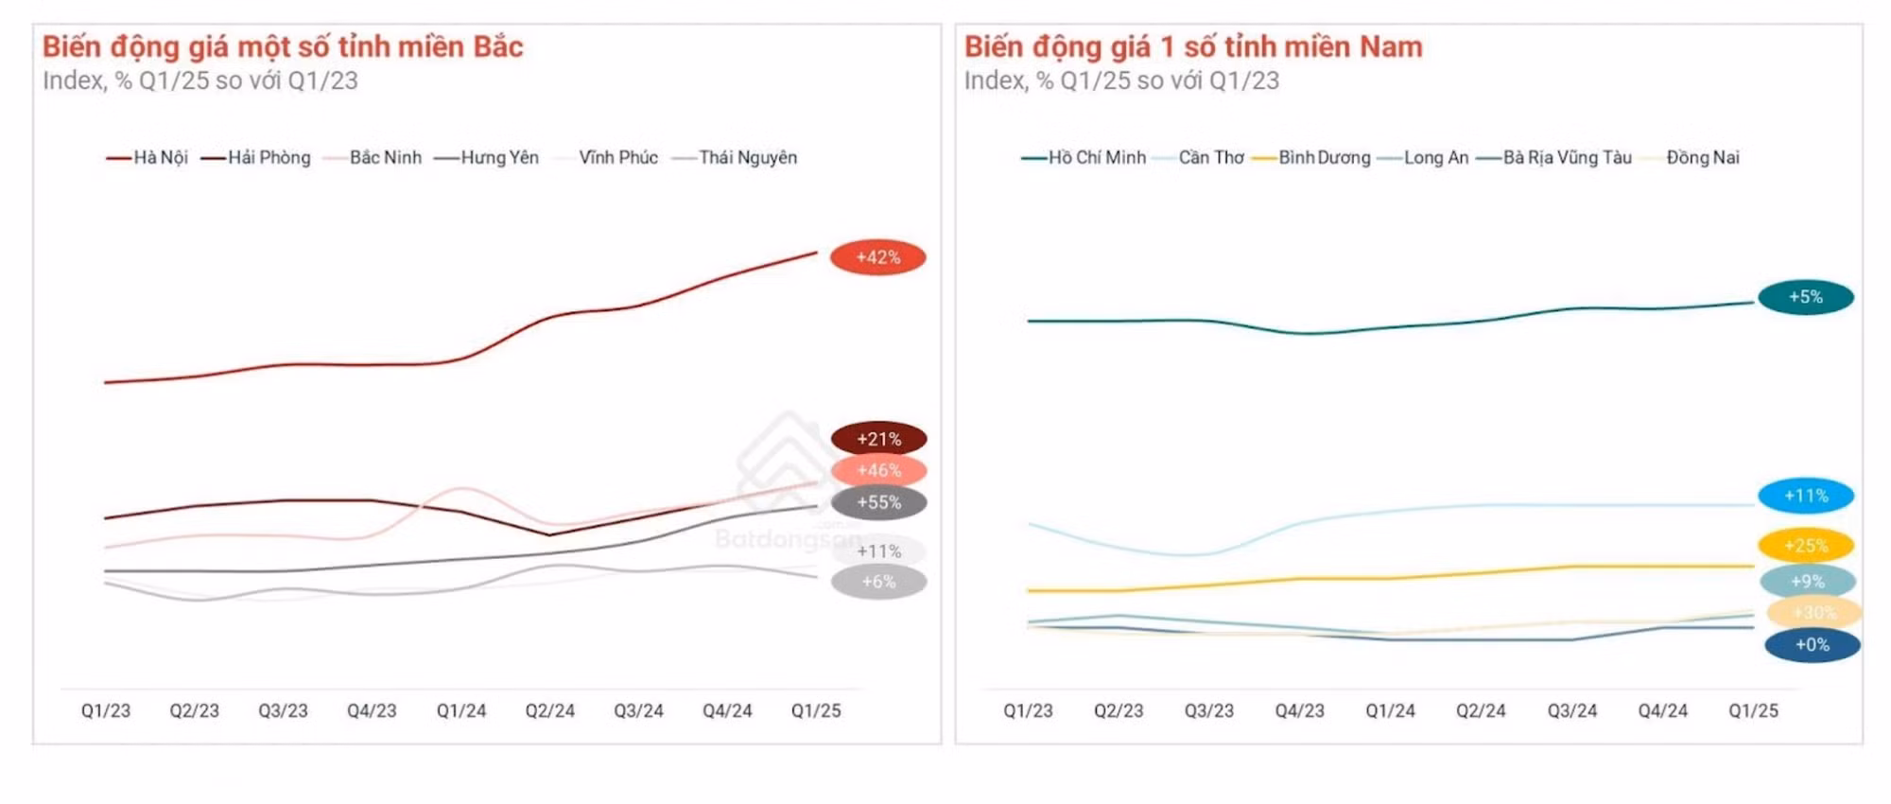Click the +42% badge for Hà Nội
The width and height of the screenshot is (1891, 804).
[877, 257]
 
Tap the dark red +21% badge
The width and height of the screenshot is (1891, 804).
[878, 439]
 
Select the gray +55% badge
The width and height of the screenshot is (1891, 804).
[878, 502]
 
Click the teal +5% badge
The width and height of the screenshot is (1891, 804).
[1805, 297]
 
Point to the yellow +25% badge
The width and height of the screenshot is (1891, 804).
[1805, 546]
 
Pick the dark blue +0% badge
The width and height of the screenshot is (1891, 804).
[1812, 645]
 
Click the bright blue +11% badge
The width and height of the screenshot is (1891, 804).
[1805, 496]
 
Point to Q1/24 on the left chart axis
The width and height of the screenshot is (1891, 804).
[460, 710]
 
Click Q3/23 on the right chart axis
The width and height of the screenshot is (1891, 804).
[1208, 710]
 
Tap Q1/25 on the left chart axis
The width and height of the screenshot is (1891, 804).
[815, 710]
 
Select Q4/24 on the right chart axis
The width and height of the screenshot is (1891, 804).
[1662, 710]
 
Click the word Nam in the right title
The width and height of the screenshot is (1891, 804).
[1390, 46]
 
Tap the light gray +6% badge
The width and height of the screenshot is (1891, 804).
[878, 582]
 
